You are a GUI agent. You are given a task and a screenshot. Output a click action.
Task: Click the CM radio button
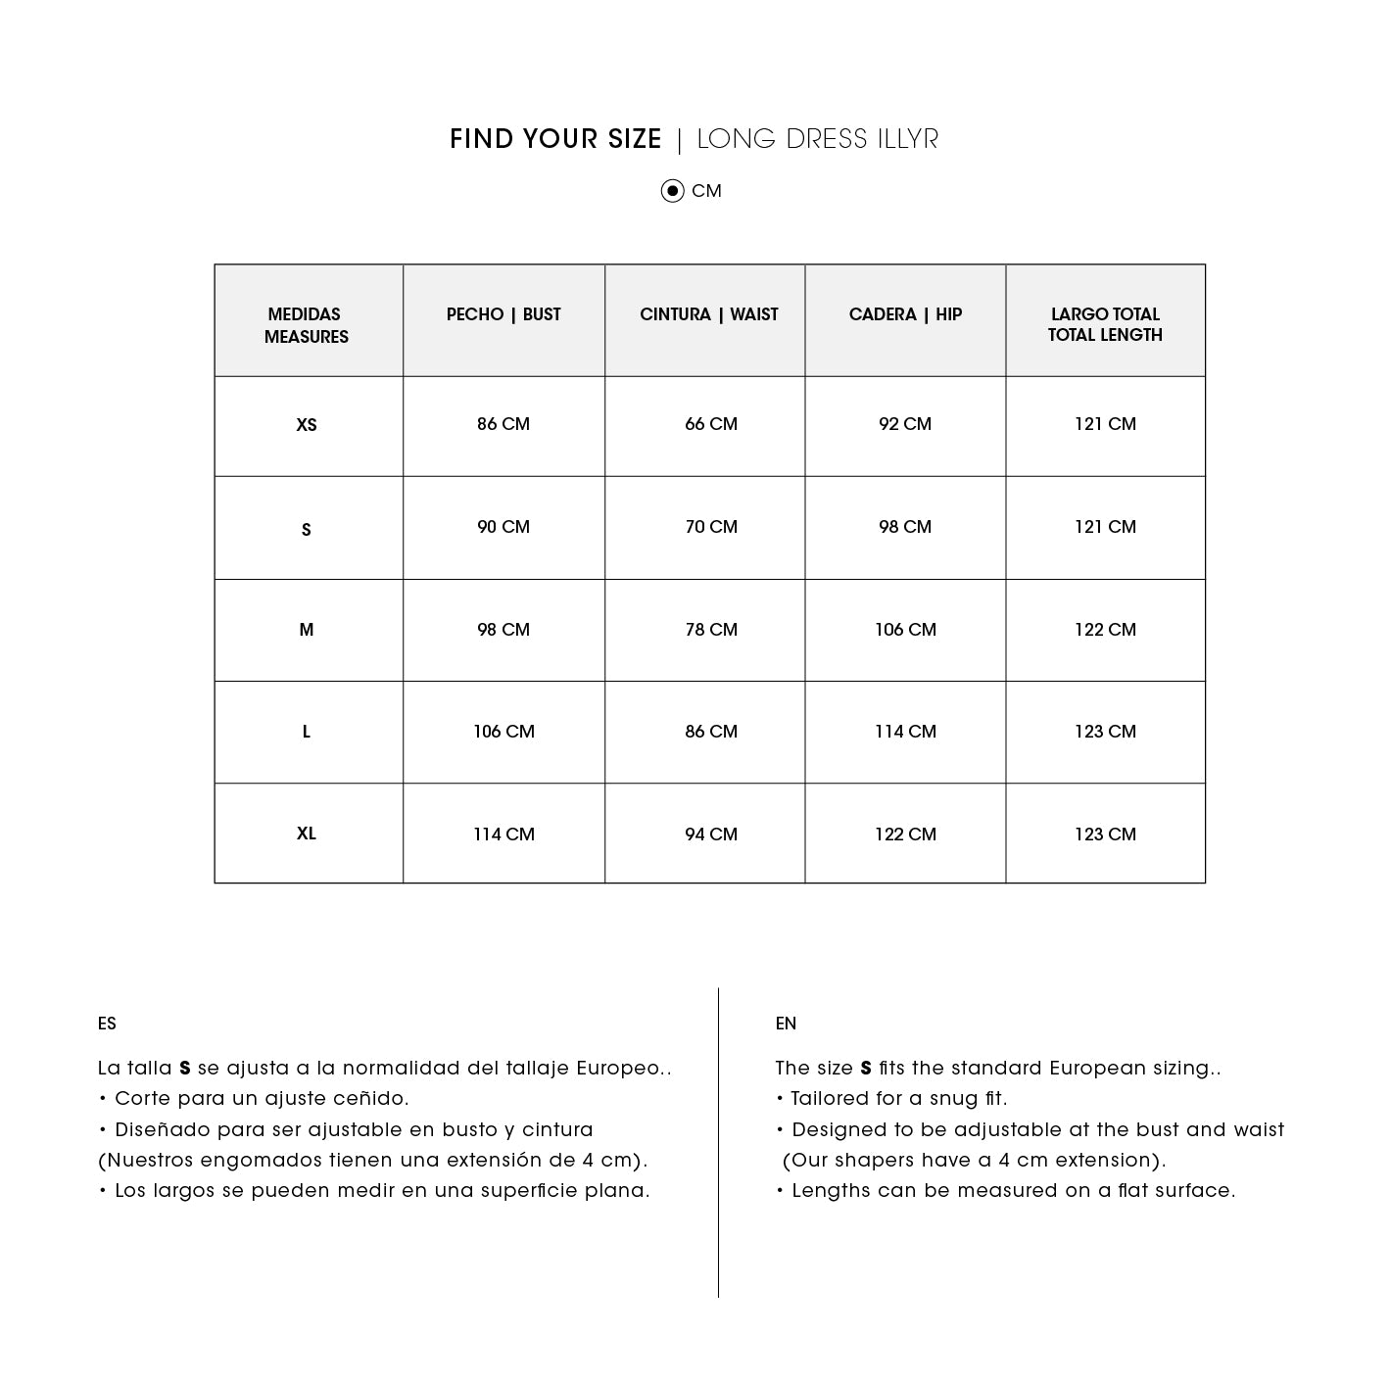coord(672,191)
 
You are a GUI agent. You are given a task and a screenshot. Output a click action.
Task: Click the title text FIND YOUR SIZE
coord(555,140)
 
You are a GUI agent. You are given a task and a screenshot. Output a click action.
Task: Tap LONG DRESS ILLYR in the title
coord(817,140)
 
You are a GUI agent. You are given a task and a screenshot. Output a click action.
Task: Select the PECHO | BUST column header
coord(503,314)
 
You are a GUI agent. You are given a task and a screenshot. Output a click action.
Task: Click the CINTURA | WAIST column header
coord(708,314)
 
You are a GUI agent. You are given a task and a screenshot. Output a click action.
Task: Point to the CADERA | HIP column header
coord(905,314)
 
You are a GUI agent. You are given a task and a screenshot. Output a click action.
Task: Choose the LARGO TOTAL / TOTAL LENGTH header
coord(1105,324)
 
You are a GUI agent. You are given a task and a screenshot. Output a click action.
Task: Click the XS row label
coord(307,425)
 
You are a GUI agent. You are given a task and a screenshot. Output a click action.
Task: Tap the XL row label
coord(307,834)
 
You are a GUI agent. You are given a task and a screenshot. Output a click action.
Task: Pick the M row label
coord(307,630)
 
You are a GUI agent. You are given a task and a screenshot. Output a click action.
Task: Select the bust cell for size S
coord(503,527)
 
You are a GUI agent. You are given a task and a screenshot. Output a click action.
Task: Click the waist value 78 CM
coord(711,630)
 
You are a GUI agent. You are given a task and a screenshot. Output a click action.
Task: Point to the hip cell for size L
coord(905,732)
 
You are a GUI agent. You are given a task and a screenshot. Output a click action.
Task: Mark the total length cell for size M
coord(1105,630)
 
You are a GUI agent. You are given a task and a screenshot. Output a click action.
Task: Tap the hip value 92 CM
coord(905,424)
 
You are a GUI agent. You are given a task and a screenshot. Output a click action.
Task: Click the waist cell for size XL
coord(711,835)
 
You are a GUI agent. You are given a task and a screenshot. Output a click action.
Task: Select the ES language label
coord(107,1024)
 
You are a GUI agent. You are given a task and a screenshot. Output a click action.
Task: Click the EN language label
coord(786,1024)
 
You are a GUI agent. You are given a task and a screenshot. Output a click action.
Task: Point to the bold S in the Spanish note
coord(184,1069)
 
